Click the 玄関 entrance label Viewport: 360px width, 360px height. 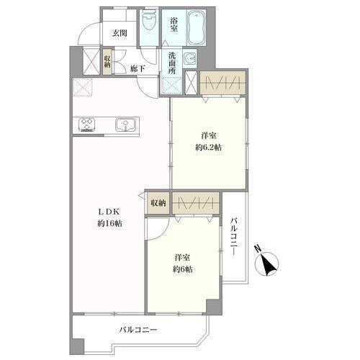tap(120, 33)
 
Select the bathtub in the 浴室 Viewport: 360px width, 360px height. tap(197, 27)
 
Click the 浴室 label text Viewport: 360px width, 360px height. tap(174, 24)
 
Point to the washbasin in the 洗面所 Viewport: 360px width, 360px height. tap(191, 58)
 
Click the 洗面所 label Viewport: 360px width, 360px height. tap(172, 63)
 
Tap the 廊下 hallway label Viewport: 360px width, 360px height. tap(138, 69)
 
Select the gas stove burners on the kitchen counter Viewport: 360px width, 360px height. tap(87, 125)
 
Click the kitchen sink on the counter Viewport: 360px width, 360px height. tap(125, 125)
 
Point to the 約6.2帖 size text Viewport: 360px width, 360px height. tap(208, 147)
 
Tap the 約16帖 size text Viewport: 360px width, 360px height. tap(109, 224)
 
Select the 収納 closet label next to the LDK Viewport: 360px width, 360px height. tap(158, 203)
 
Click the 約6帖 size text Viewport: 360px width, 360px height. tap(183, 269)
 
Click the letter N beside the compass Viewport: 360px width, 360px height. tap(258, 248)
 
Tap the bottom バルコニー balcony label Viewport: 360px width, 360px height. tap(138, 330)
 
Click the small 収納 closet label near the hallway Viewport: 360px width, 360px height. tap(107, 62)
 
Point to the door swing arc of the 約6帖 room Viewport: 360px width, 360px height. tap(163, 234)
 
